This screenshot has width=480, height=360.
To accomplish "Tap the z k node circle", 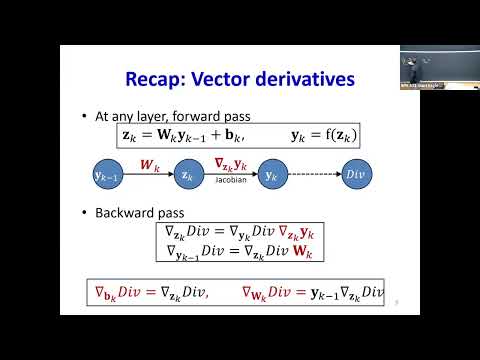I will [187, 175].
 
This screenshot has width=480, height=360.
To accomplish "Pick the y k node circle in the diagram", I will [270, 175].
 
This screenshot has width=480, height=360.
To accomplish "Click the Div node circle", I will [354, 175].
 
